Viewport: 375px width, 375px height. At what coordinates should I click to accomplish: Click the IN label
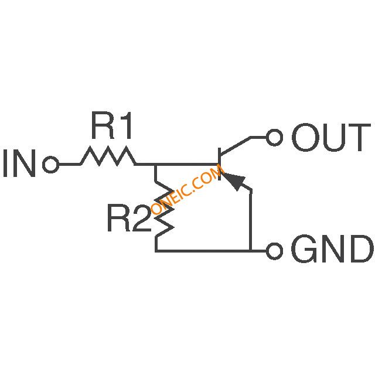(19, 165)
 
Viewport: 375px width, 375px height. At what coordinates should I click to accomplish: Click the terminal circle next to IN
(51, 165)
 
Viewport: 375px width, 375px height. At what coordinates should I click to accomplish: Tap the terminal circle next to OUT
(274, 138)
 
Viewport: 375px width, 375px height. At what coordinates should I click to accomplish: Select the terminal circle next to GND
(274, 251)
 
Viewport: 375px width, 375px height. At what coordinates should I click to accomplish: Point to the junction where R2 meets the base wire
(156, 165)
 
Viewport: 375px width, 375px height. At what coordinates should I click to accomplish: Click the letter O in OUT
(304, 138)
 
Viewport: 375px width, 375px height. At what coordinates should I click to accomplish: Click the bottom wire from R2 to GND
(205, 251)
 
